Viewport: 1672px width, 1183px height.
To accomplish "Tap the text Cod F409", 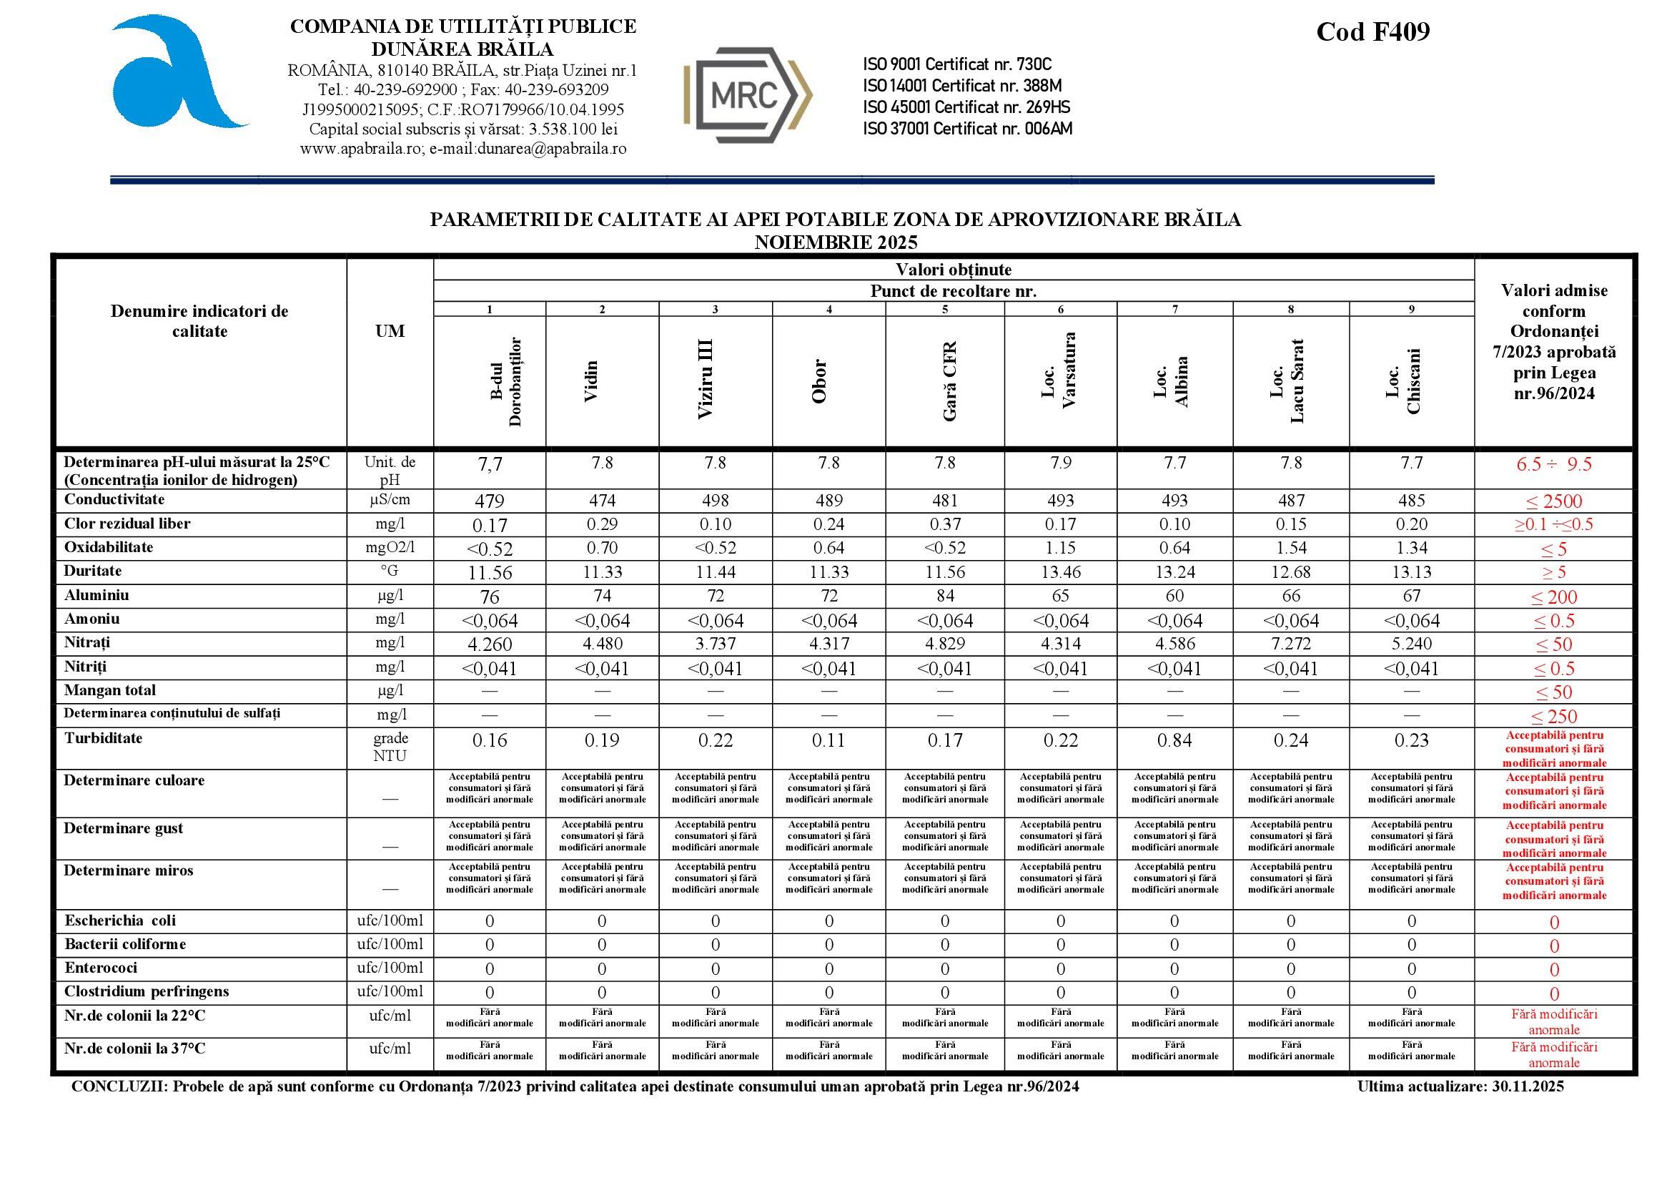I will [x=1372, y=31].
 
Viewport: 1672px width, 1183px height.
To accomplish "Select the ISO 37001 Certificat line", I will [x=967, y=129].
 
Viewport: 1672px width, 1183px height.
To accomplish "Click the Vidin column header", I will [x=592, y=381].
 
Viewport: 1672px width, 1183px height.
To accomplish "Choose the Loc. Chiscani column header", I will [x=1403, y=381].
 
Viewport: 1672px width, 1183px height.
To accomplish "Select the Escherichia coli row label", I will [x=120, y=921].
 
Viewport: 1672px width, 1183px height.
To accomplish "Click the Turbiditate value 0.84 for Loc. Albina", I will [x=1174, y=741].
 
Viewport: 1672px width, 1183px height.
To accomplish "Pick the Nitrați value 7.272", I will [x=1290, y=644].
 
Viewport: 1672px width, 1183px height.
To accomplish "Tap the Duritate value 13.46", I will [x=1060, y=572].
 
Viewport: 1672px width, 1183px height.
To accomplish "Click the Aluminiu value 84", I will [x=945, y=596].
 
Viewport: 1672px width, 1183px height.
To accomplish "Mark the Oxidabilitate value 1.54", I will [x=1290, y=548].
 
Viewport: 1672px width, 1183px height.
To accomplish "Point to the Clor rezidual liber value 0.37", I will [x=945, y=524].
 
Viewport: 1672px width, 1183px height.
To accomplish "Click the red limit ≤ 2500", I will [x=1554, y=501].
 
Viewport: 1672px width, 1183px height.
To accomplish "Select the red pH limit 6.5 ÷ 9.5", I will [x=1554, y=465].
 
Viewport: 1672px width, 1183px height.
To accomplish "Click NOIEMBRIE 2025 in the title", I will [x=835, y=242].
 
